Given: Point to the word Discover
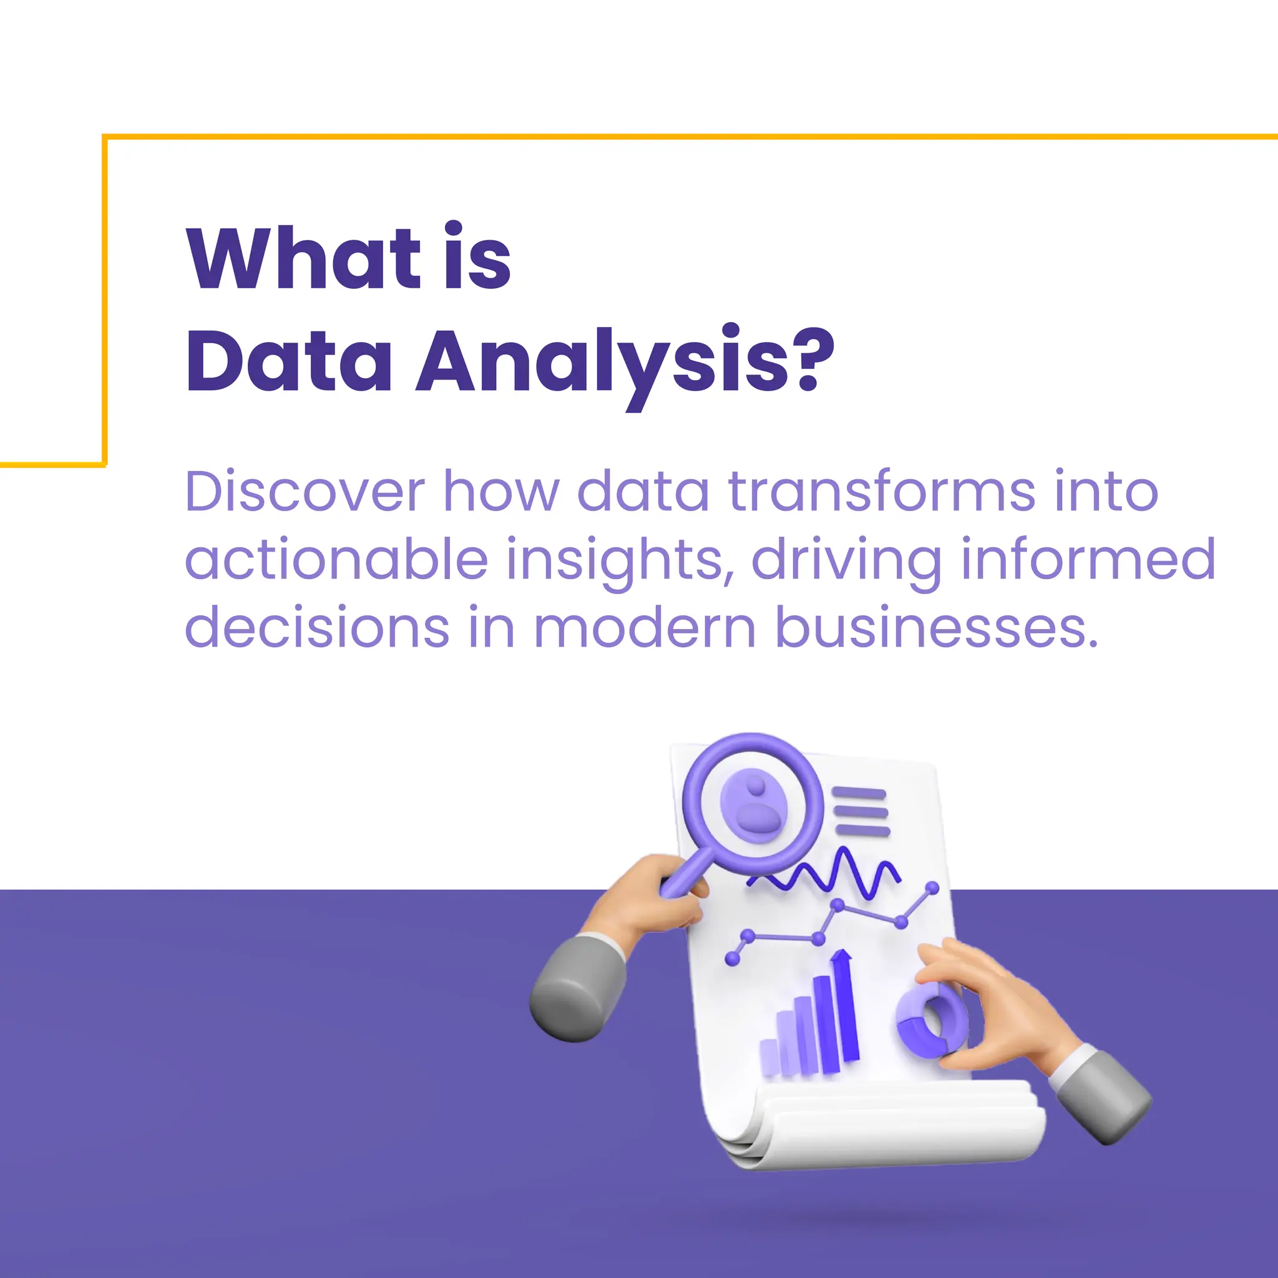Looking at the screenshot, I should (x=305, y=492).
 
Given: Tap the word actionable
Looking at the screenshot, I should (x=336, y=560).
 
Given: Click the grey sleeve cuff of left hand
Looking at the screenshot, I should (x=575, y=985).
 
